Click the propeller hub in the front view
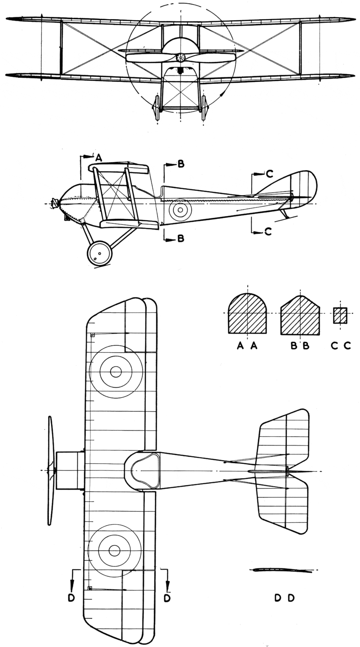180,58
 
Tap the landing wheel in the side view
99,253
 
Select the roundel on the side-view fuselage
180,210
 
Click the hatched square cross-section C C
340,315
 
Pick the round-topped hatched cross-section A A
247,313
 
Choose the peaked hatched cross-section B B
300,315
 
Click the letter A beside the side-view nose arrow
99,158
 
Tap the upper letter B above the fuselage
181,164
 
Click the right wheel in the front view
204,107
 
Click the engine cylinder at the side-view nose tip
54,203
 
